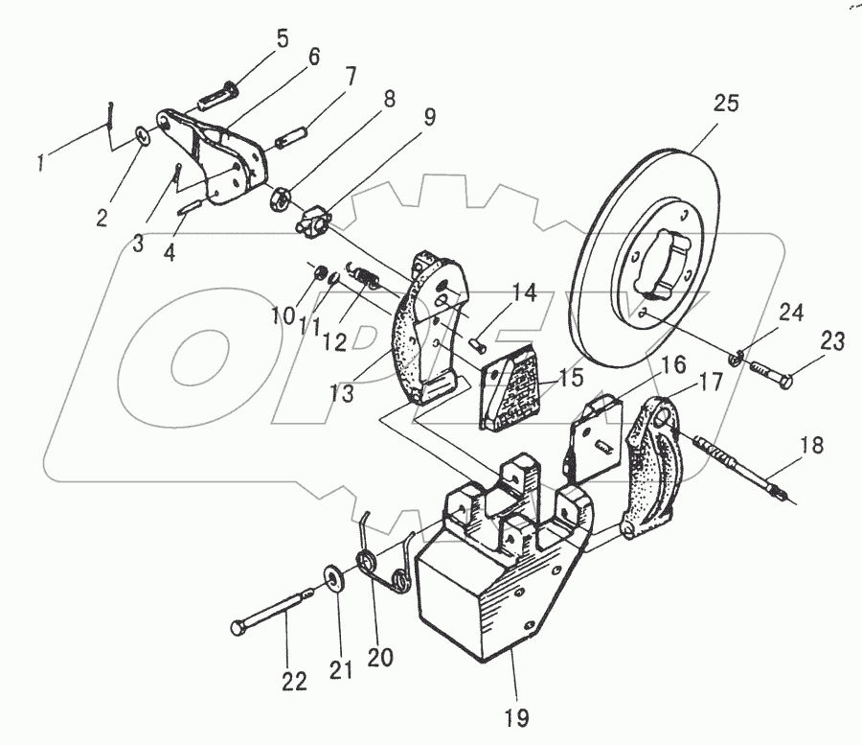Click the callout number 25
726,104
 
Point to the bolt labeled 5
221,97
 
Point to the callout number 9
429,117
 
